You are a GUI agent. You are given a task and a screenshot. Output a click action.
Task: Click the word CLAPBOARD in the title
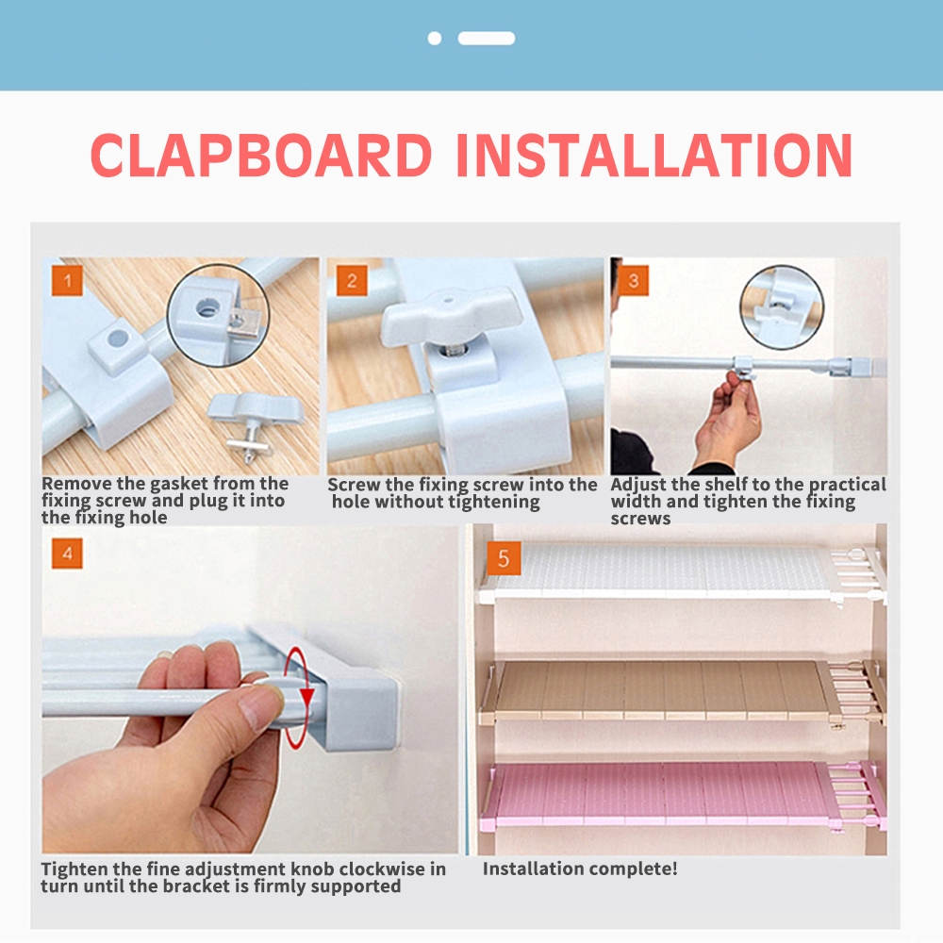[x=261, y=155]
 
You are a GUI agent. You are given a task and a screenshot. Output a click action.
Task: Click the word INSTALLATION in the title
[x=654, y=155]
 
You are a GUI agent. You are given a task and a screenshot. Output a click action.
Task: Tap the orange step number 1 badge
[x=67, y=280]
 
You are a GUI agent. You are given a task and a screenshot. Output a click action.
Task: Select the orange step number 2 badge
[x=352, y=280]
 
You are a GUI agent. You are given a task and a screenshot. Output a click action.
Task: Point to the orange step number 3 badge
[x=634, y=280]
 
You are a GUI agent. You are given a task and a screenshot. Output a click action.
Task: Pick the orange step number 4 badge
[x=67, y=554]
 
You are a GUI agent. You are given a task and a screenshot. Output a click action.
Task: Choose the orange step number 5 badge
[x=504, y=558]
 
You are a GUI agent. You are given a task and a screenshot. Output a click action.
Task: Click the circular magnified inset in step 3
[x=781, y=307]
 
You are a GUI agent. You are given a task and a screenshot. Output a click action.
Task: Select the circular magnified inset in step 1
[x=218, y=315]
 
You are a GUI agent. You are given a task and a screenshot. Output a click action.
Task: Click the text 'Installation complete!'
[x=580, y=869]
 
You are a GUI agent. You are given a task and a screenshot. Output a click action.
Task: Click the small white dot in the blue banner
[x=434, y=39]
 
